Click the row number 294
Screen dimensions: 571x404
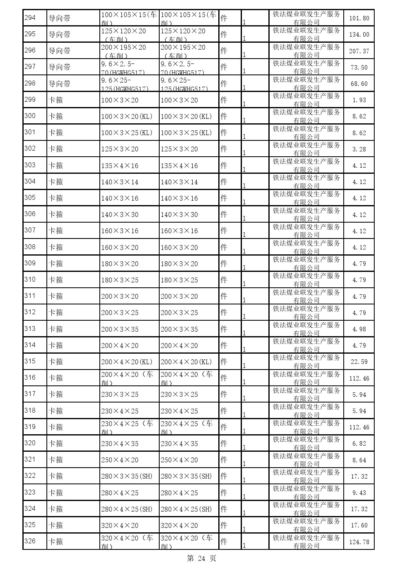[30, 18]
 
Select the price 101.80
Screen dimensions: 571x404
[359, 18]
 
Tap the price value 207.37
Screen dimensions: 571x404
[359, 51]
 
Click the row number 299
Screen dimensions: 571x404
[30, 100]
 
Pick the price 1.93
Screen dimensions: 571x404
[359, 100]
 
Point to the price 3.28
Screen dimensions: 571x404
[359, 149]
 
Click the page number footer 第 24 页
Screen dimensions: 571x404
[202, 558]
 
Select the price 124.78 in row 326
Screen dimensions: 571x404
[359, 542]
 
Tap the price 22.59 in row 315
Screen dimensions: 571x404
[359, 362]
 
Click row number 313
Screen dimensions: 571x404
[30, 328]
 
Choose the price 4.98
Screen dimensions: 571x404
[359, 329]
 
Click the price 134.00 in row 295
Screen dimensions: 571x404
[359, 35]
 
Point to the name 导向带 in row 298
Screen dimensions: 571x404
[59, 84]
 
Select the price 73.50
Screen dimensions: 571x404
[359, 68]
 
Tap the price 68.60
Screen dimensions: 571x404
[359, 84]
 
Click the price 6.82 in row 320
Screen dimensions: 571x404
[359, 444]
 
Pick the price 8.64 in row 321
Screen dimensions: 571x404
[359, 460]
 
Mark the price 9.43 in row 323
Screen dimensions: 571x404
[359, 493]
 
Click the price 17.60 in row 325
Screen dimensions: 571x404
[359, 525]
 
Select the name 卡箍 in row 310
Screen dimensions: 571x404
[56, 280]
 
